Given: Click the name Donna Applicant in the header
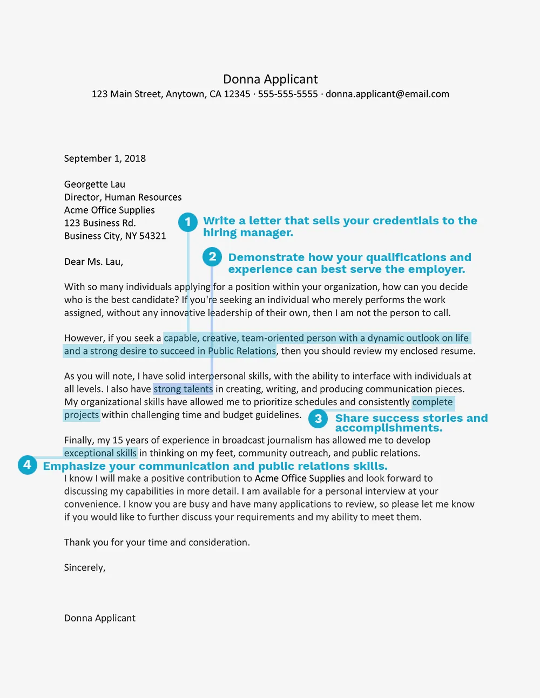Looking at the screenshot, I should [270, 79].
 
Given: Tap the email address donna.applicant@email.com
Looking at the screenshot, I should [387, 94].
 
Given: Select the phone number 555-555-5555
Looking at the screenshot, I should [288, 94].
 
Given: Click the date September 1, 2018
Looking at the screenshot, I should [105, 159].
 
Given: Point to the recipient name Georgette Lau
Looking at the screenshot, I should [94, 184].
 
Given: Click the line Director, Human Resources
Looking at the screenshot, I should [123, 197].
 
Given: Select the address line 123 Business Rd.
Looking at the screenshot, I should [100, 223].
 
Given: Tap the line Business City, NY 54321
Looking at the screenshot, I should [115, 236].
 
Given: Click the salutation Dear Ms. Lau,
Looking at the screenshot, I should [93, 262].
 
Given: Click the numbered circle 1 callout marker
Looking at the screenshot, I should [188, 222].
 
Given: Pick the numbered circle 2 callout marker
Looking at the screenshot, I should [212, 257].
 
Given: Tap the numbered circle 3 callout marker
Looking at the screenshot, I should [318, 419].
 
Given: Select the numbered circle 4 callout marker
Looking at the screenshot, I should [27, 464].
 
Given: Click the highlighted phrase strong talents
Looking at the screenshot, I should [183, 389].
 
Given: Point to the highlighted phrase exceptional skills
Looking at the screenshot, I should [100, 453].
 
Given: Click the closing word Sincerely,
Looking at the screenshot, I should [85, 567].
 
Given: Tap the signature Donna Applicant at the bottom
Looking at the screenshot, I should [100, 618].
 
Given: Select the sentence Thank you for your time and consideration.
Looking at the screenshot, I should [157, 543].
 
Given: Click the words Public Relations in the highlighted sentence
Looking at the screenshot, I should [242, 351].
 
